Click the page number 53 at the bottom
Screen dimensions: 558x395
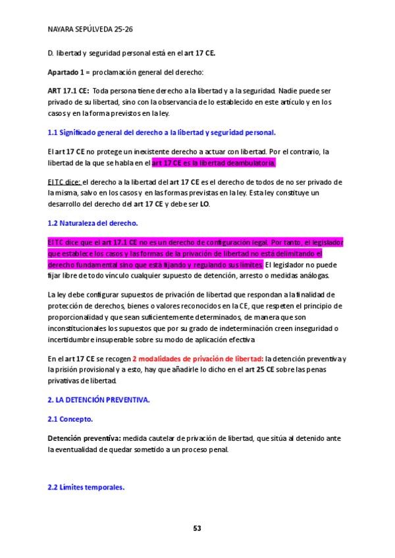[197, 528]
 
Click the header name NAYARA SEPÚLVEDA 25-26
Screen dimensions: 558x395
[91, 30]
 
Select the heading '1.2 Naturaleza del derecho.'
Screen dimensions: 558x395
[93, 223]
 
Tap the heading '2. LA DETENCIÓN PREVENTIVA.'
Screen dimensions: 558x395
[99, 399]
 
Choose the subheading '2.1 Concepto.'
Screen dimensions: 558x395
[70, 419]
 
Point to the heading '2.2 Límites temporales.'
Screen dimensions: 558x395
[86, 488]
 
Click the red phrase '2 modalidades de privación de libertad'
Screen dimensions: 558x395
[197, 359]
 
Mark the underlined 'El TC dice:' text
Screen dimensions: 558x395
[65, 182]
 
